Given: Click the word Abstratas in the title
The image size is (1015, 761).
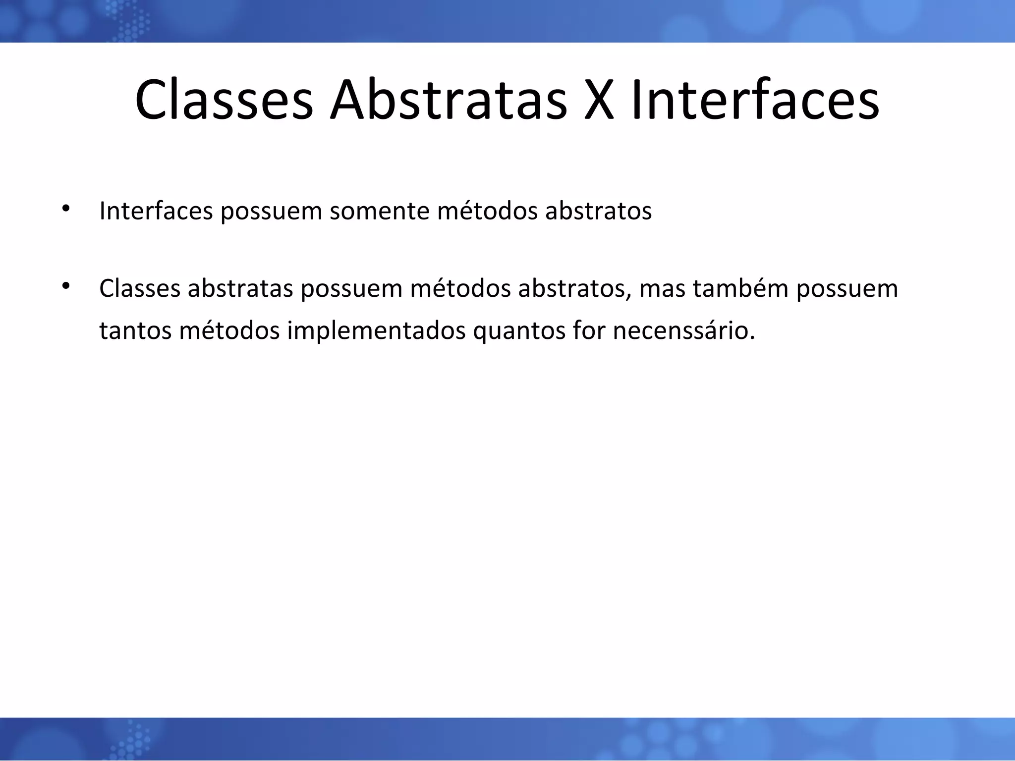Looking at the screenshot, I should pyautogui.click(x=449, y=101).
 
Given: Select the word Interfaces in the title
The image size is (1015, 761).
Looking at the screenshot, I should pyautogui.click(x=755, y=101).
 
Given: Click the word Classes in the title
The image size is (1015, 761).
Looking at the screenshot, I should pyautogui.click(x=224, y=101).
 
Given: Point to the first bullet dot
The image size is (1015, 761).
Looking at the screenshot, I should pyautogui.click(x=65, y=208).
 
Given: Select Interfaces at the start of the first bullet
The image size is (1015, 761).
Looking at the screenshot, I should pyautogui.click(x=156, y=211).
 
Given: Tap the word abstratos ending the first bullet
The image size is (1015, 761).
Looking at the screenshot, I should pyautogui.click(x=598, y=211).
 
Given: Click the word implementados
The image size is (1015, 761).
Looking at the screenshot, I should pyautogui.click(x=376, y=331).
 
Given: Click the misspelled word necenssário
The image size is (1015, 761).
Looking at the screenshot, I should pyautogui.click(x=683, y=331).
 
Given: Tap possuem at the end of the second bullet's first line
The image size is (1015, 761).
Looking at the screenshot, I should pyautogui.click(x=847, y=289).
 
